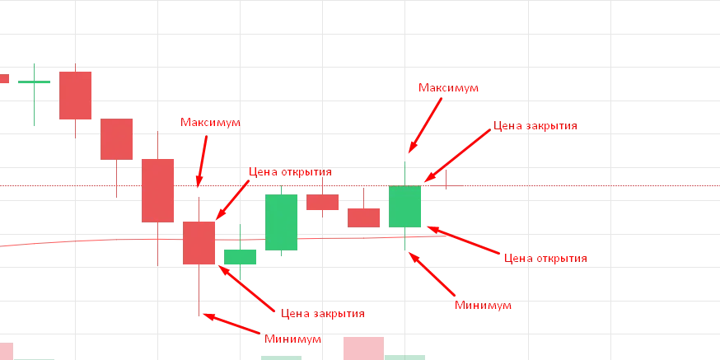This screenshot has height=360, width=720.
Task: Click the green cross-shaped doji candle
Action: click(x=35, y=82)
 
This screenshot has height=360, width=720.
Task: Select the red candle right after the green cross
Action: click(x=75, y=96)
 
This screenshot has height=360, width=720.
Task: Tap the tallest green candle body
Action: click(x=281, y=220)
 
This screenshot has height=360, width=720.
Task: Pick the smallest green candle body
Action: click(x=240, y=256)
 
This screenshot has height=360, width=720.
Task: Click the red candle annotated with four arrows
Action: click(x=199, y=242)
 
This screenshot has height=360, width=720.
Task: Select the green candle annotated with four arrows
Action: click(x=404, y=207)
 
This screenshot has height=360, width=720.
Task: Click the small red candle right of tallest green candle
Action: click(x=322, y=202)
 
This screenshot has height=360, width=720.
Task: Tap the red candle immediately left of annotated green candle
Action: click(x=363, y=217)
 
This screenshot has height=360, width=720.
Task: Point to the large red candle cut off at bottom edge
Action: click(x=363, y=348)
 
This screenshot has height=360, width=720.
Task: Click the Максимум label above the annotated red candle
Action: click(x=210, y=124)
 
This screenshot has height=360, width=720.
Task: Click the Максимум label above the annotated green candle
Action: click(x=448, y=88)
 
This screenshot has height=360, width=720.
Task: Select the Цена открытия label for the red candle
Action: click(x=290, y=173)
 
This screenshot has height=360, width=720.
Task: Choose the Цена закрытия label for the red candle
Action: click(x=322, y=315)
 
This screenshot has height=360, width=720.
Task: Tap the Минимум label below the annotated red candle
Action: click(x=292, y=339)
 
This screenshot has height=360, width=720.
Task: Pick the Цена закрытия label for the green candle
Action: click(x=535, y=126)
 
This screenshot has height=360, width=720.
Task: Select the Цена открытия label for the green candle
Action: click(x=545, y=258)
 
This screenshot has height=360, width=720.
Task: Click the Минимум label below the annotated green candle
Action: click(x=484, y=306)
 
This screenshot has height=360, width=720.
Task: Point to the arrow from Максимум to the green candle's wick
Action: click(x=426, y=124)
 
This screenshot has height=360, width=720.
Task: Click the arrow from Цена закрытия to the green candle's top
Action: click(x=458, y=155)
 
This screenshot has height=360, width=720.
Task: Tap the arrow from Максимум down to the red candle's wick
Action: click(x=202, y=157)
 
